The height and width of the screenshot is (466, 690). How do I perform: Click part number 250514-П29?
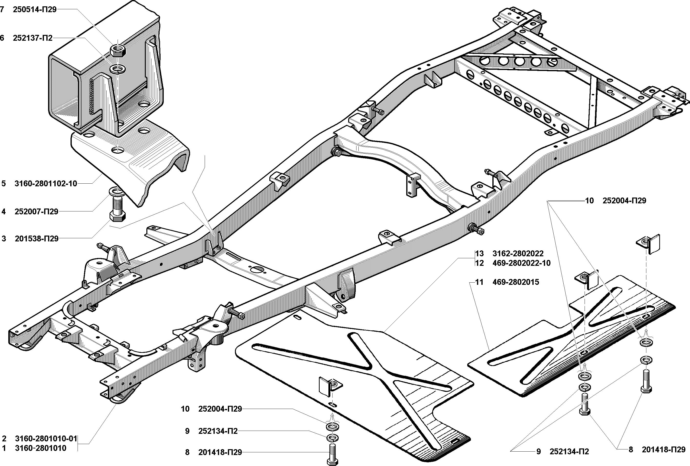[x=35, y=10]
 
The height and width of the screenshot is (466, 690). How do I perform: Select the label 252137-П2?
[x=33, y=38]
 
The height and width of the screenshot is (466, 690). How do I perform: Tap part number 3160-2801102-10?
[x=46, y=184]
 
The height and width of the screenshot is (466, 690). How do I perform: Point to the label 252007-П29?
[x=37, y=212]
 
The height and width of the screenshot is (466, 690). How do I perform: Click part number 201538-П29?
[x=37, y=239]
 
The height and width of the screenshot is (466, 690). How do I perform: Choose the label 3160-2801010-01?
[x=46, y=438]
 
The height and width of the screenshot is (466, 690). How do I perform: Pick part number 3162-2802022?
[x=518, y=253]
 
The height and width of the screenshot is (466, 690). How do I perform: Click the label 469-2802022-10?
[x=521, y=263]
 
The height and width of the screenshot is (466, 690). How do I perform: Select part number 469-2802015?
[x=516, y=282]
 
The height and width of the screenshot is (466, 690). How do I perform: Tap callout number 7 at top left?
[x=2, y=10]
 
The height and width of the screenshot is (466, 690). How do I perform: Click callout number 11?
[x=479, y=282]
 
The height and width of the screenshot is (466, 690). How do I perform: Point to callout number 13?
[x=479, y=253]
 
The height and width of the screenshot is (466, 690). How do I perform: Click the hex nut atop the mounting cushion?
[x=118, y=51]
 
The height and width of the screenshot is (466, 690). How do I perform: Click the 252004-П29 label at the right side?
[x=624, y=201]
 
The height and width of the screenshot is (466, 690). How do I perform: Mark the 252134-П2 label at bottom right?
[x=569, y=452]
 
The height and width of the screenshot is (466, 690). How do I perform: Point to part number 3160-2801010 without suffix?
[x=41, y=448]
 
